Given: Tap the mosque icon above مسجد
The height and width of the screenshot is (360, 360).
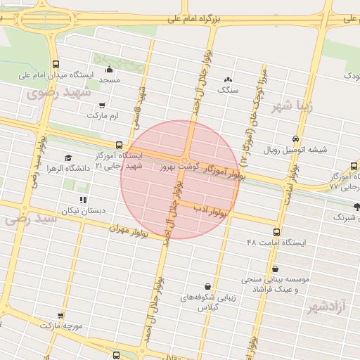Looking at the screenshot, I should (110, 69).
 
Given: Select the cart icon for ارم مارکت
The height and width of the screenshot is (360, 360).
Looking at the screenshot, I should (102, 105).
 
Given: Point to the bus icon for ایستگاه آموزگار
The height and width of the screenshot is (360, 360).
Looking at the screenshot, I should (118, 145).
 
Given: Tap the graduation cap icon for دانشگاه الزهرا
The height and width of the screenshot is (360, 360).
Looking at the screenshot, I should (68, 157).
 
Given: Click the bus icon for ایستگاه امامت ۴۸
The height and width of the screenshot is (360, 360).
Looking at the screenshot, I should (276, 231).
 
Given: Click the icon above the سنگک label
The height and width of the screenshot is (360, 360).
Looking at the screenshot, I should (228, 79).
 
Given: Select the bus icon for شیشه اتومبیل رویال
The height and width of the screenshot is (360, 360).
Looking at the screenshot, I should (295, 139).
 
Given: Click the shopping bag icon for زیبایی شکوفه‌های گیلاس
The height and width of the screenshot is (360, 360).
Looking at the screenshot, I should (207, 286).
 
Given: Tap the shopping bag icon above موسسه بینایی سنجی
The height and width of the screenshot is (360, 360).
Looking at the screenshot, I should (275, 269).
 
